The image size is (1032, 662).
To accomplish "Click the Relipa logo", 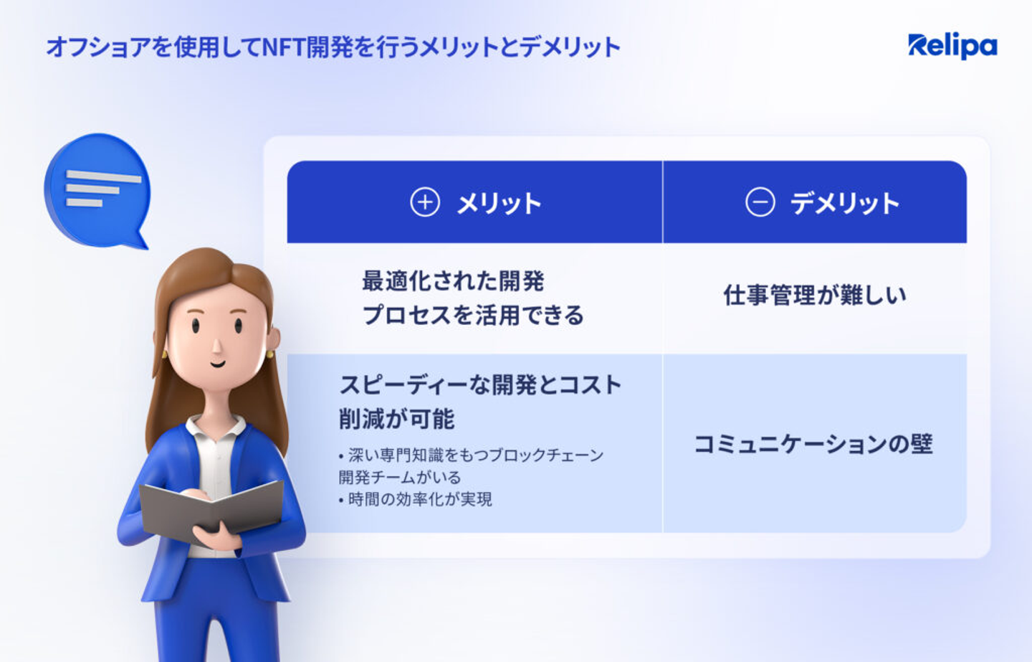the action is (x=952, y=46).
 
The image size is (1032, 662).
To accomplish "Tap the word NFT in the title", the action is (x=283, y=47).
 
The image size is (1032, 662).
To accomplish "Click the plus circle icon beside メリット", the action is (x=425, y=202).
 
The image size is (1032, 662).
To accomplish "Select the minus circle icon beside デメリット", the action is (x=760, y=202).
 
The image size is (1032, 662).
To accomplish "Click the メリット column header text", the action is (x=499, y=203).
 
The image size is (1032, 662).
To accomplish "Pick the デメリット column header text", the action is (x=844, y=203).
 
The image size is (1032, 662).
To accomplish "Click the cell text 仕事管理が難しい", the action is (x=815, y=295).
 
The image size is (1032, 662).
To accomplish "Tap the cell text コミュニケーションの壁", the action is (x=813, y=444).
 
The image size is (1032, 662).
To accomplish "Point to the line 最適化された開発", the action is (x=453, y=280).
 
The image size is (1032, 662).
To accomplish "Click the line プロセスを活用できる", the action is (x=473, y=316).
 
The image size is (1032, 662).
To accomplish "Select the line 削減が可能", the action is (x=397, y=419).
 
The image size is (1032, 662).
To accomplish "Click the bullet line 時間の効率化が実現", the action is (x=416, y=499).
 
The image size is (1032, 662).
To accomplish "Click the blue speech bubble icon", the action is (x=97, y=191).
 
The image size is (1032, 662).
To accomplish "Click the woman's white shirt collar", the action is (x=216, y=427).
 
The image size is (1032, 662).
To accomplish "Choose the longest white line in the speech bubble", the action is (x=104, y=176).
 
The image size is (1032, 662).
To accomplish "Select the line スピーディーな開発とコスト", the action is (x=480, y=385).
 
